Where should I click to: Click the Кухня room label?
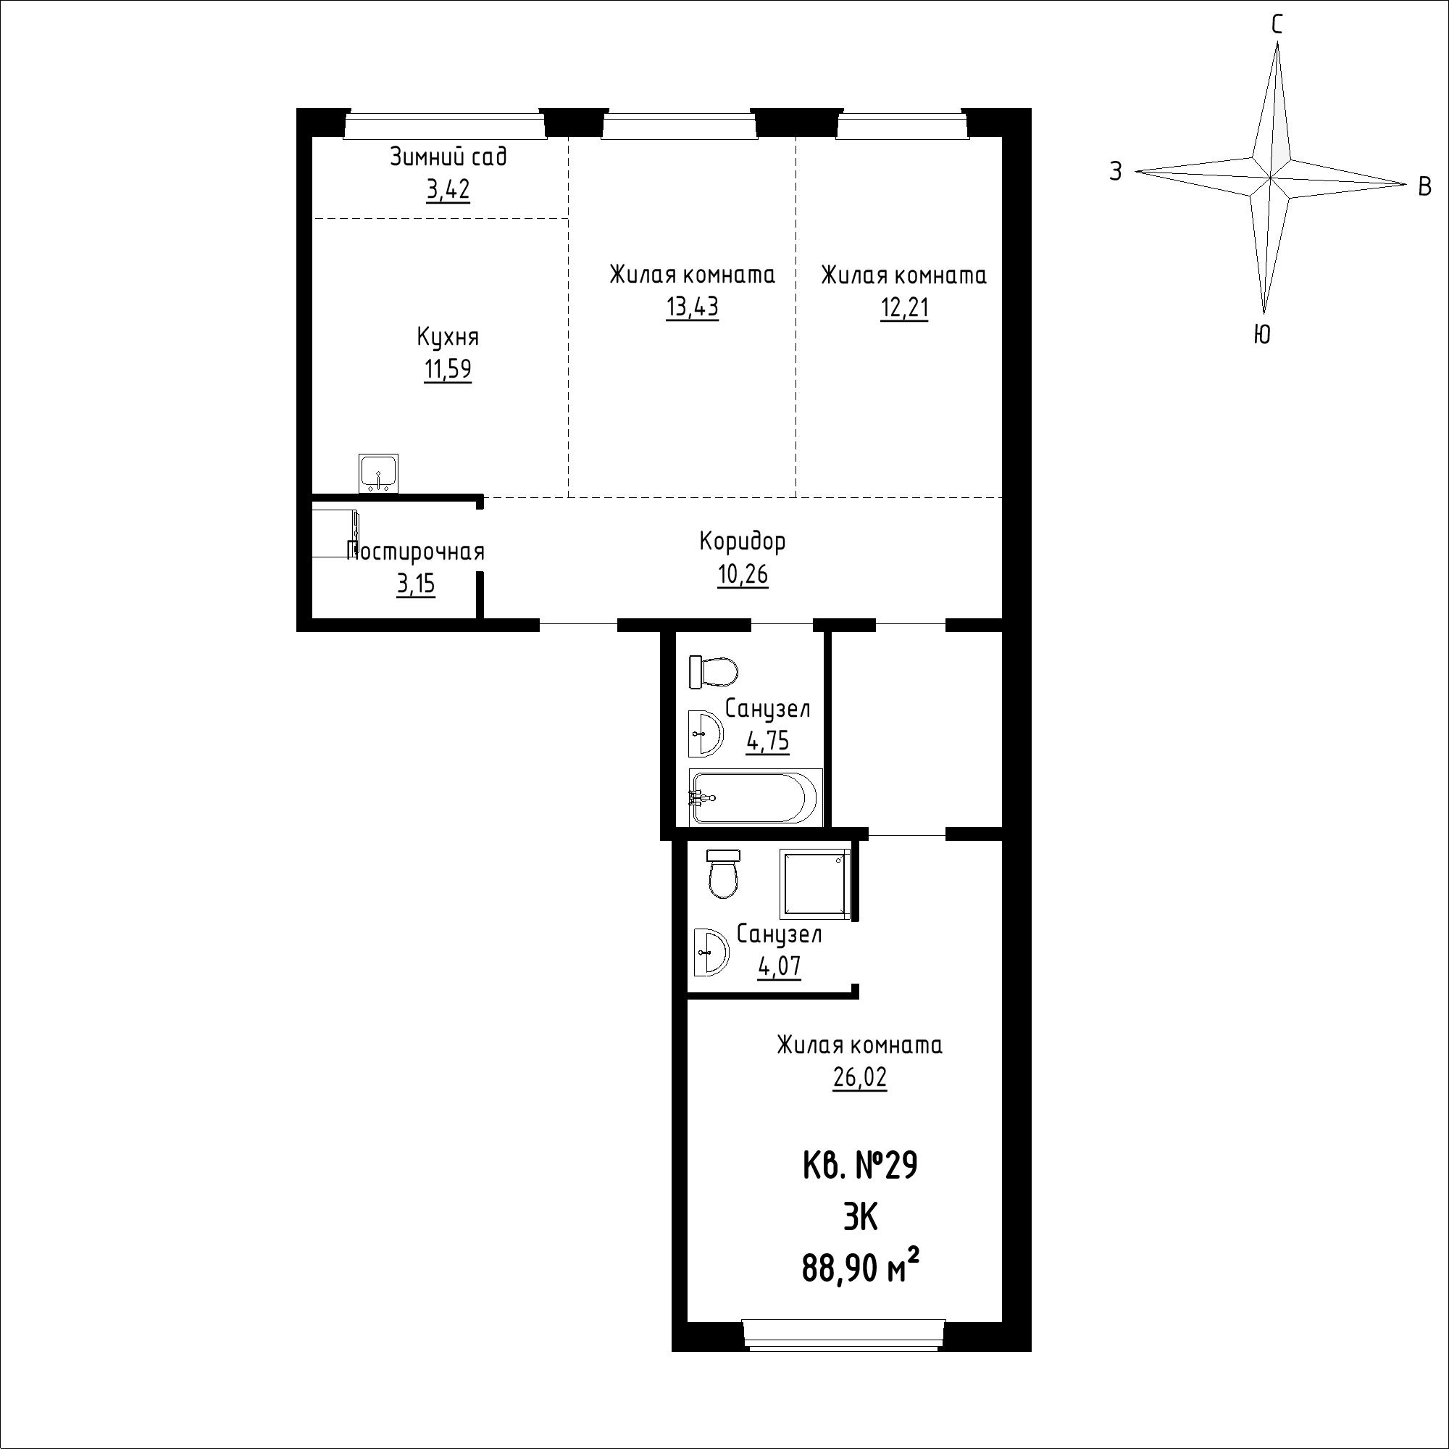(x=448, y=337)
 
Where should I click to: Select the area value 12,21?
(x=904, y=307)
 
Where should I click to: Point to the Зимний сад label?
(x=448, y=157)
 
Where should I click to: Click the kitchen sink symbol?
(x=379, y=474)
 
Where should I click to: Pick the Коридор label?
(x=743, y=541)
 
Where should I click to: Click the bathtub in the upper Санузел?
(x=755, y=797)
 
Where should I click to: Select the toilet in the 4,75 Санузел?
(x=713, y=672)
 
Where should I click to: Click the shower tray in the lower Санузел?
(x=815, y=884)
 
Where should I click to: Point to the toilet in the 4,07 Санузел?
(x=724, y=874)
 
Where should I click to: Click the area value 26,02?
(x=859, y=1078)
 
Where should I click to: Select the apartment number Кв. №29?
(x=860, y=1167)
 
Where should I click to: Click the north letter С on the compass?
(x=1277, y=25)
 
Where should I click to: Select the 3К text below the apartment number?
(x=860, y=1218)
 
